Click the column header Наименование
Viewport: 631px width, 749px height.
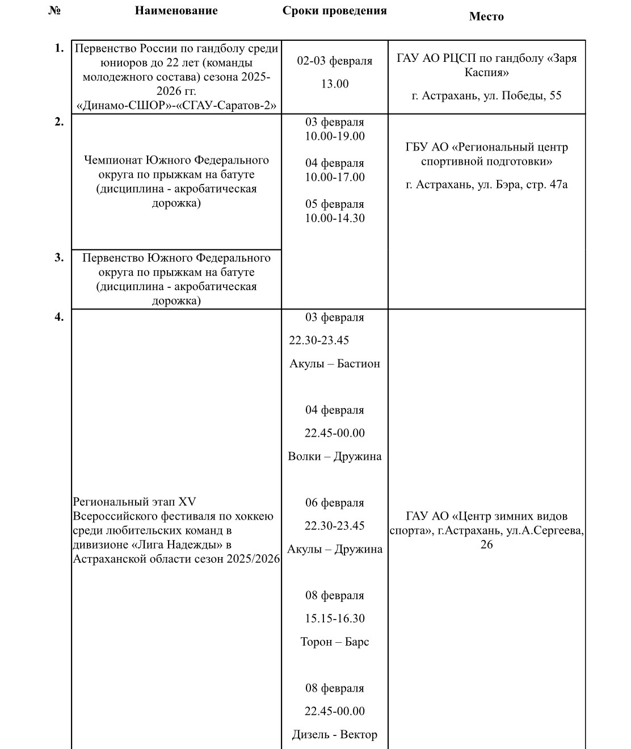pyautogui.click(x=176, y=11)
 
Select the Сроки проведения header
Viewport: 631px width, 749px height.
pyautogui.click(x=334, y=11)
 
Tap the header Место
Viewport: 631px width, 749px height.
pyautogui.click(x=486, y=16)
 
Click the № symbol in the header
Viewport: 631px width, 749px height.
pyautogui.click(x=54, y=11)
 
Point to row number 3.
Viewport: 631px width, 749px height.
pyautogui.click(x=59, y=257)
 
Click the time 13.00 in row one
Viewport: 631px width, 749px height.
pyautogui.click(x=335, y=84)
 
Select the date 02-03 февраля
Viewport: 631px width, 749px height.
pyautogui.click(x=335, y=61)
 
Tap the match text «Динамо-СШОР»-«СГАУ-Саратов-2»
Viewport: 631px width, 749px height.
pyautogui.click(x=176, y=105)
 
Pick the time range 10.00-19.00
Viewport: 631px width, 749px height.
pyautogui.click(x=335, y=136)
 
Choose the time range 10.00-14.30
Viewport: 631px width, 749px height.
pyautogui.click(x=335, y=218)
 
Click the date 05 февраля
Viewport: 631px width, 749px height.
pyautogui.click(x=335, y=204)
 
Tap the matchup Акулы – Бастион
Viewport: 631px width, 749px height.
pyautogui.click(x=335, y=363)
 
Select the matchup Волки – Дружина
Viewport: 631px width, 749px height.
pyautogui.click(x=335, y=456)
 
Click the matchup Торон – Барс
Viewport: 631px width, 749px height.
pyautogui.click(x=335, y=642)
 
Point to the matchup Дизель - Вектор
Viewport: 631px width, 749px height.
pyautogui.click(x=335, y=734)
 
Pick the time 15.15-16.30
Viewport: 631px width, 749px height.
pyautogui.click(x=335, y=618)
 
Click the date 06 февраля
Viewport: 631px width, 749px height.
pyautogui.click(x=335, y=503)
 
